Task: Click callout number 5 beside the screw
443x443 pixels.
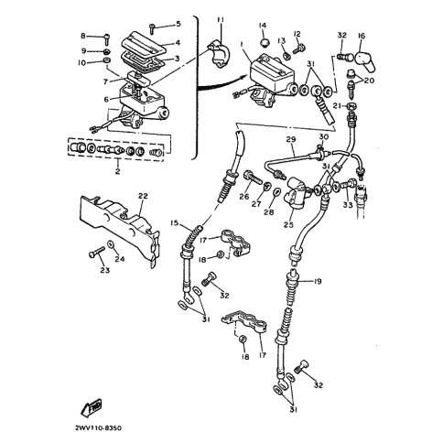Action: click(178, 23)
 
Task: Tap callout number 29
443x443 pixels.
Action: click(290, 139)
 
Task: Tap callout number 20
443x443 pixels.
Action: click(371, 81)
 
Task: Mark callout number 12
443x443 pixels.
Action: click(296, 33)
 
